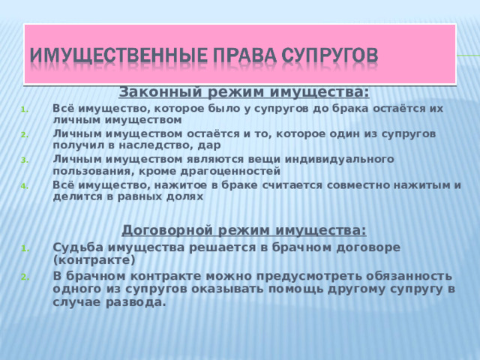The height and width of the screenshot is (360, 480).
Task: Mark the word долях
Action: point(185,196)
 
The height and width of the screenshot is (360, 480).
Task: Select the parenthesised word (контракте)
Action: point(94,260)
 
